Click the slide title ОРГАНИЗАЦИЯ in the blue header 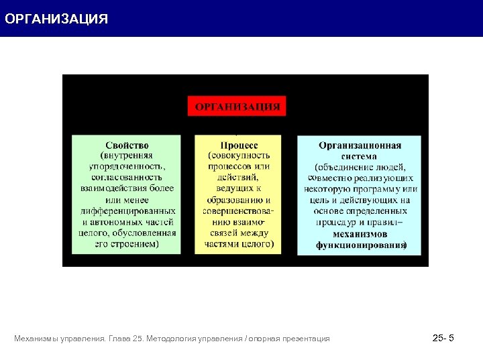click(x=56, y=19)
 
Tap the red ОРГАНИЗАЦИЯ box click(x=237, y=106)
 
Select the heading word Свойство click(x=127, y=145)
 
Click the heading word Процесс click(x=239, y=145)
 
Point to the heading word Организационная click(x=360, y=145)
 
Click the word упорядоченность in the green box click(x=127, y=167)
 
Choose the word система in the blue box click(x=360, y=156)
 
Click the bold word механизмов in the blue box click(x=360, y=234)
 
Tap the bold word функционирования click(x=360, y=245)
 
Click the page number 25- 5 click(x=443, y=338)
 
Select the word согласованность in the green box click(x=127, y=178)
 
